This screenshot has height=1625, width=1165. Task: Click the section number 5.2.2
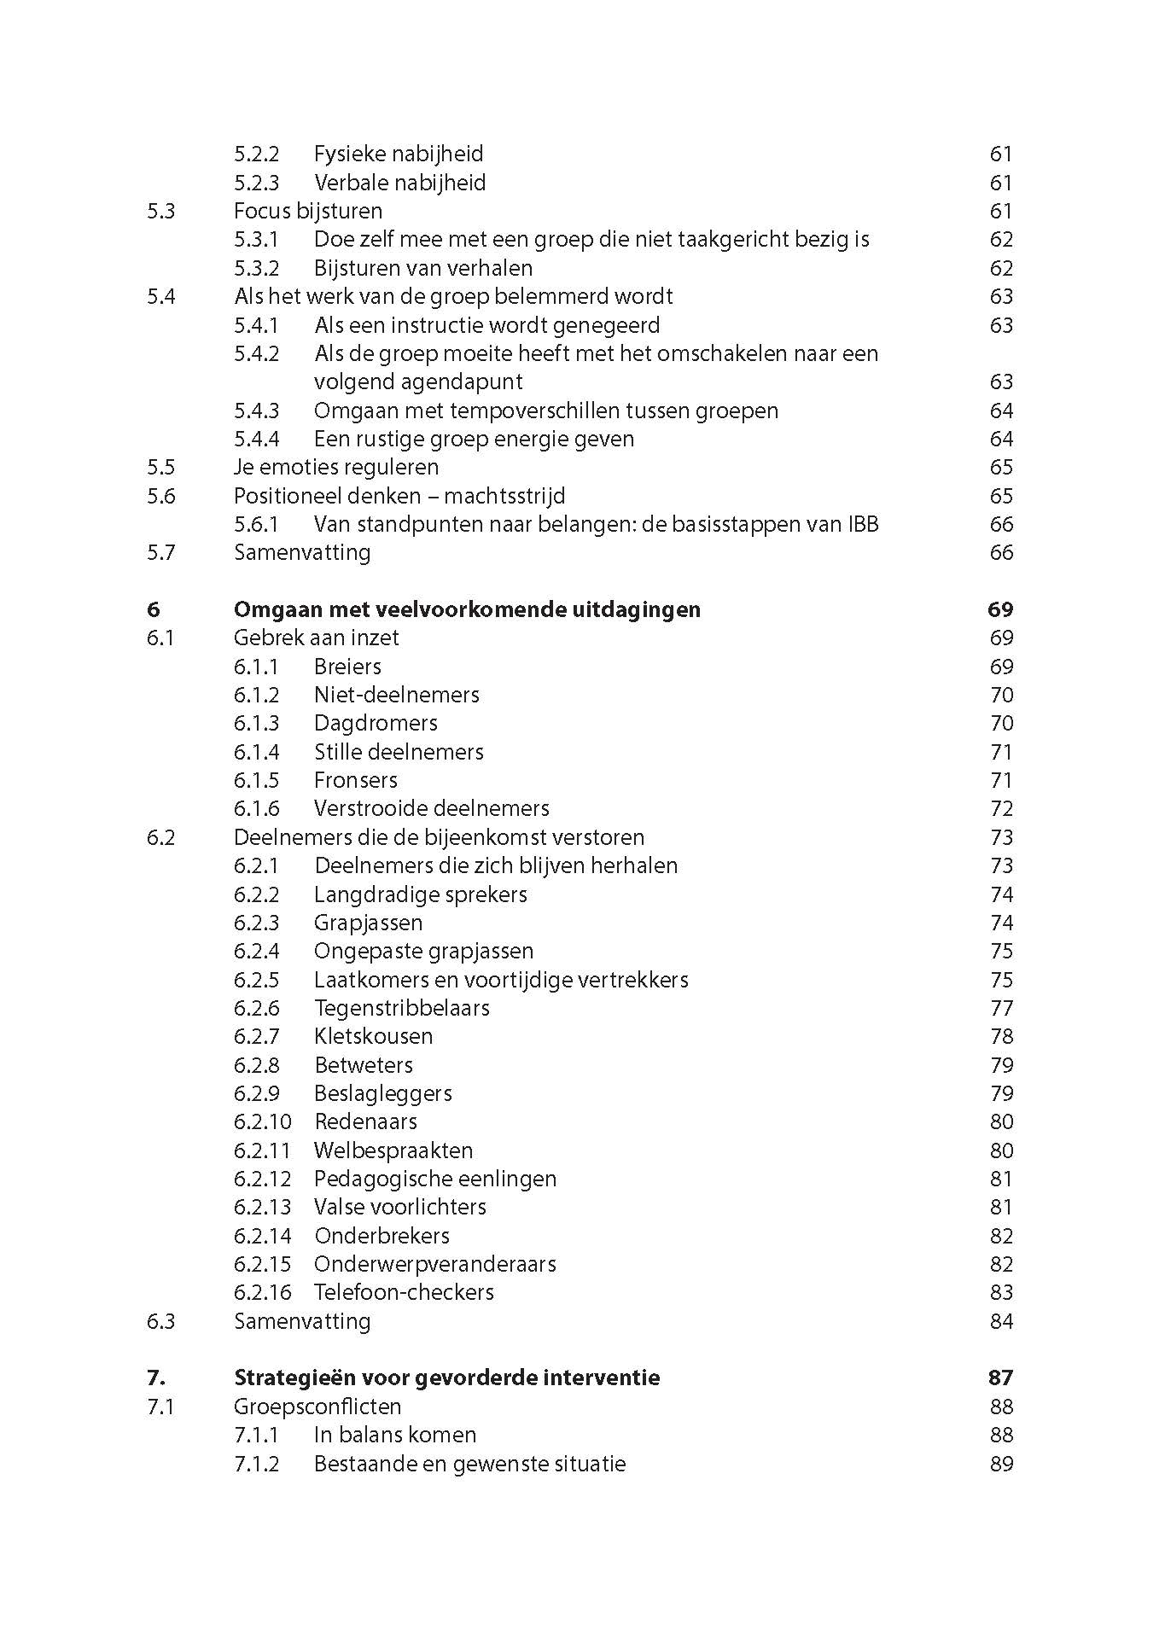click(x=256, y=154)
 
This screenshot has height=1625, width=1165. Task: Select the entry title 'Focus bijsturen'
click(x=307, y=211)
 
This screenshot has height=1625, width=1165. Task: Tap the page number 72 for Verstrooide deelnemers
click(x=1001, y=808)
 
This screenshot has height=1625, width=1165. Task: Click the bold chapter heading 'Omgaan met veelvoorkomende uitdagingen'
click(x=467, y=609)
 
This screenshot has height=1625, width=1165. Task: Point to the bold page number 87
click(x=1000, y=1377)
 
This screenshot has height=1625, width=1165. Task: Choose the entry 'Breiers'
click(x=347, y=667)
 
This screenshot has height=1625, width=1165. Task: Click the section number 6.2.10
click(x=262, y=1121)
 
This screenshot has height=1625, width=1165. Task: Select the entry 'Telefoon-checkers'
click(x=404, y=1292)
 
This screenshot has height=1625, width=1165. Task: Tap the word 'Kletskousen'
click(x=373, y=1036)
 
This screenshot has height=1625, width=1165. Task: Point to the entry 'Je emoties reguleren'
click(x=336, y=467)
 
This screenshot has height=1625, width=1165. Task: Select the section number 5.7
click(x=160, y=552)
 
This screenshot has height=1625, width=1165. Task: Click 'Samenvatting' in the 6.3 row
click(x=302, y=1321)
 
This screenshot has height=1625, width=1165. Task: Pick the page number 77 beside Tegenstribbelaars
click(x=1001, y=1008)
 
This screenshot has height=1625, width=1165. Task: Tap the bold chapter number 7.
click(x=156, y=1377)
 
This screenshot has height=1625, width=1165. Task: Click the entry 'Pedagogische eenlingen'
click(x=434, y=1179)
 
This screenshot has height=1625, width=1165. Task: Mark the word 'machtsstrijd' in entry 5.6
click(x=504, y=496)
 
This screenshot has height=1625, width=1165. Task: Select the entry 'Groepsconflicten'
click(x=317, y=1407)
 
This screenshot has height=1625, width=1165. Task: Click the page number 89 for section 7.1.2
click(x=1001, y=1464)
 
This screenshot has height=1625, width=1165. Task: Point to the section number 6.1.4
click(x=256, y=752)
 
